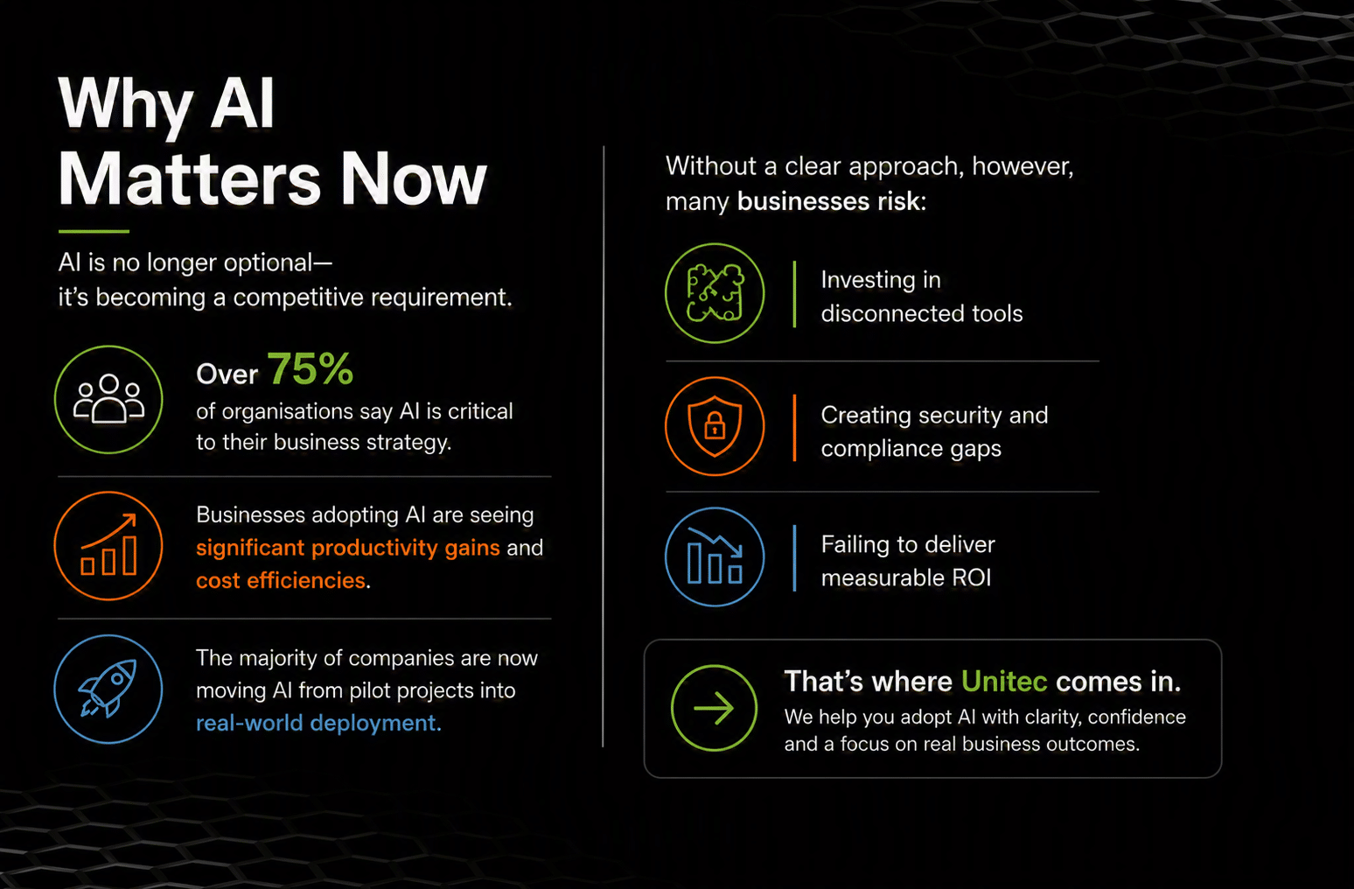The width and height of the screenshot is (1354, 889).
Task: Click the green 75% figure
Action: [x=311, y=368]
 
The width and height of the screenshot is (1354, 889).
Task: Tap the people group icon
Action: [x=108, y=398]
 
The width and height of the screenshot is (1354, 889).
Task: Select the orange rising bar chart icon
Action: [x=108, y=545]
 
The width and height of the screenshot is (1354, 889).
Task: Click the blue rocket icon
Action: [x=108, y=689]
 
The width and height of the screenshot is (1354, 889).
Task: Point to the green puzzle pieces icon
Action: [x=715, y=293]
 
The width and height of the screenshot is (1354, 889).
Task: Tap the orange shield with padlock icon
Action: [x=715, y=426]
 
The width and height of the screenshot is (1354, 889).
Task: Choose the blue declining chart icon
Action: [x=715, y=556]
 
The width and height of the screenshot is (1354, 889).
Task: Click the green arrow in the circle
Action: [x=714, y=708]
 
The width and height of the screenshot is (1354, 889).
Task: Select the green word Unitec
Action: [x=1004, y=682]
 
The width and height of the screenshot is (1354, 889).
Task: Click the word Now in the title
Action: [x=414, y=179]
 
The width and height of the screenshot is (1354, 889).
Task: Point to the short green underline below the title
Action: [x=94, y=231]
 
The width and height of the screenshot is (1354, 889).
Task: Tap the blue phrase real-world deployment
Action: [x=318, y=723]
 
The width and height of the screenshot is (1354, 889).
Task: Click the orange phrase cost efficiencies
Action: [x=281, y=580]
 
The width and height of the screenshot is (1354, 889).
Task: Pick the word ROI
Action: [x=972, y=577]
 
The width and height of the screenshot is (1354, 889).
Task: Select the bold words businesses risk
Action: [x=831, y=200]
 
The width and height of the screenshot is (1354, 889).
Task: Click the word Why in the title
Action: [x=127, y=105]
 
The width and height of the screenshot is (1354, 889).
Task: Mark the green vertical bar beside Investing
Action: [x=794, y=295]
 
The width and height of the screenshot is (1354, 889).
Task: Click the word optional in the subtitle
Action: [x=268, y=263]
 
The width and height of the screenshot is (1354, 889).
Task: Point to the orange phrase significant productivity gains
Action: [x=348, y=548]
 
